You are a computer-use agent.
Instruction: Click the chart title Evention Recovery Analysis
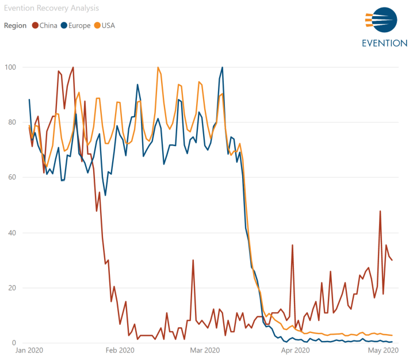[51, 8]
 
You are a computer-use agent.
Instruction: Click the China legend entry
[45, 25]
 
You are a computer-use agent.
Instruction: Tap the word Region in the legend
[15, 25]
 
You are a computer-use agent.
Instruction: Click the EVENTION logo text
[384, 44]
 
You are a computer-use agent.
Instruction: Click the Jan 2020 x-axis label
[29, 350]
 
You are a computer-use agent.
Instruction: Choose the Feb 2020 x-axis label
[119, 350]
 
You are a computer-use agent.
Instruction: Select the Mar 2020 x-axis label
[204, 350]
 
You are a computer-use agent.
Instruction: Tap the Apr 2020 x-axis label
[295, 350]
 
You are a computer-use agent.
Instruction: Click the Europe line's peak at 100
[222, 67]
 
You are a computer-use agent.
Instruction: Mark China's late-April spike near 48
[380, 211]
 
